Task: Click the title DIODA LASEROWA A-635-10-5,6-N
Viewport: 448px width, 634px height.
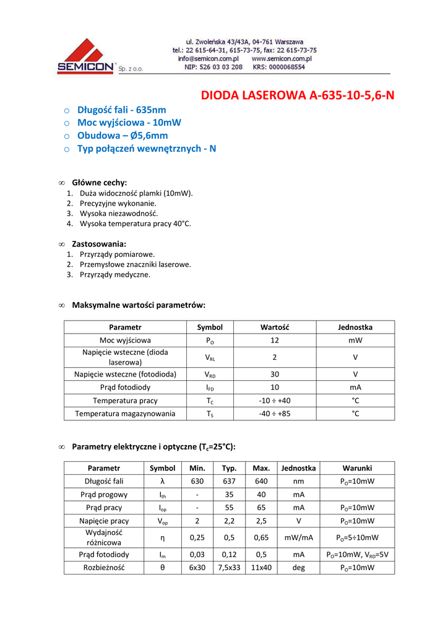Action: click(298, 95)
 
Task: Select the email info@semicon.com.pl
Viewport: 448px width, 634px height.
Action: click(208, 59)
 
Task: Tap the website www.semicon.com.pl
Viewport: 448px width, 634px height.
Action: click(281, 59)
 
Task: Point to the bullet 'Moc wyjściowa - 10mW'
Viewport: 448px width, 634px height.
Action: click(129, 123)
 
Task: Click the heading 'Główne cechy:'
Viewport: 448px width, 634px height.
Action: click(99, 183)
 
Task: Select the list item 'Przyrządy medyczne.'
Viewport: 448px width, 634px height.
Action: click(115, 274)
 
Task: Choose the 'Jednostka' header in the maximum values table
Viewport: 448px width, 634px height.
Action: click(355, 327)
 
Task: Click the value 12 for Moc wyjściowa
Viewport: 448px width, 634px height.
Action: click(275, 341)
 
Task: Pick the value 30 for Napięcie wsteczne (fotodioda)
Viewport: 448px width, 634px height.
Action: click(275, 374)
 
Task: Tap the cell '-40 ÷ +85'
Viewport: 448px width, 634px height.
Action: click(275, 414)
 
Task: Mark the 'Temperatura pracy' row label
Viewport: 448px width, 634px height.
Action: click(125, 401)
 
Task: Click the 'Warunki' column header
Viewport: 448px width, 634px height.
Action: click(357, 468)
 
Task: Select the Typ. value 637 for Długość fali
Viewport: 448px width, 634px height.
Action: click(229, 481)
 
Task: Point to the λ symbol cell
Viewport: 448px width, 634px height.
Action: click(163, 481)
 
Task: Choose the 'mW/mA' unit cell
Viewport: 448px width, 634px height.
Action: click(298, 537)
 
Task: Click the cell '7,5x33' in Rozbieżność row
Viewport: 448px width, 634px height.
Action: click(229, 568)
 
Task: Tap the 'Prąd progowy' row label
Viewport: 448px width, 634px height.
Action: click(104, 495)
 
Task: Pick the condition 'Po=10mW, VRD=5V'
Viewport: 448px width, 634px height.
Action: click(357, 555)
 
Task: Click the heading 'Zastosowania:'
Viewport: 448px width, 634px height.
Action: click(99, 244)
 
